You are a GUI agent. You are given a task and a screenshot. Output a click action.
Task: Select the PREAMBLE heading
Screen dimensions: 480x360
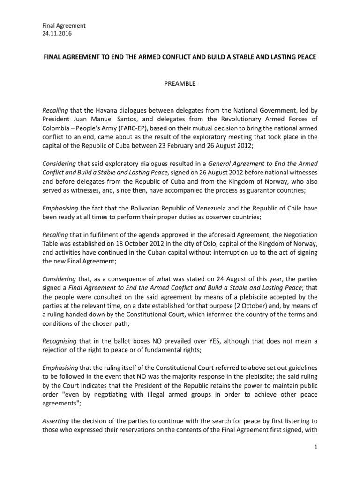[x=180, y=84]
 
